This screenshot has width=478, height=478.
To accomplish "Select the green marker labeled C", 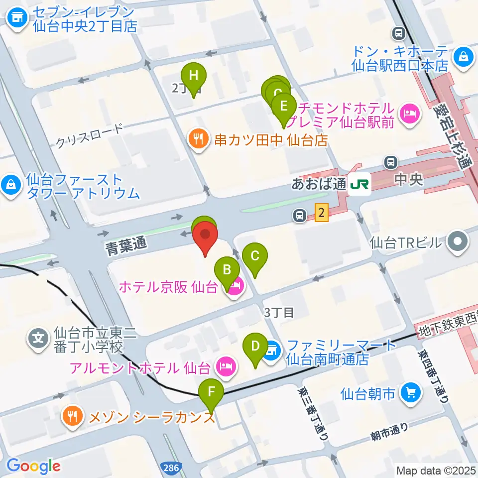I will (255, 256).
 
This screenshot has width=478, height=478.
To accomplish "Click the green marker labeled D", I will (255, 346).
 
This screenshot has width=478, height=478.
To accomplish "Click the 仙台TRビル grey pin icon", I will (458, 242).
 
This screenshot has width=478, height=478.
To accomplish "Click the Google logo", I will (33, 466).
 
